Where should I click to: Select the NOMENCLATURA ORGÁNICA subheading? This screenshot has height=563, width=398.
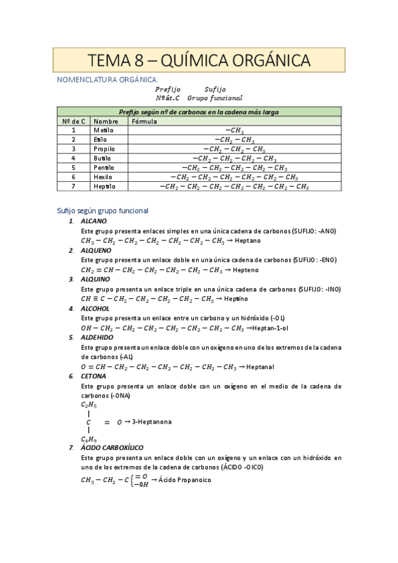coord(108,79)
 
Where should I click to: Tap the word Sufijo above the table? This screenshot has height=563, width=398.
coord(215,88)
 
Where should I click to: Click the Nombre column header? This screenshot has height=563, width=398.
coord(106,121)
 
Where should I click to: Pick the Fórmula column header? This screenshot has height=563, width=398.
coord(145,121)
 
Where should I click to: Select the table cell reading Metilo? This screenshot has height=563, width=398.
coord(104,131)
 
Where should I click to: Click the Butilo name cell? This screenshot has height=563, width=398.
coord(103,159)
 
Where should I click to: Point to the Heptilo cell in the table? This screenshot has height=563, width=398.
coord(104,187)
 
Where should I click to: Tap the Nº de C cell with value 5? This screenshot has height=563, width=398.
coord(74,168)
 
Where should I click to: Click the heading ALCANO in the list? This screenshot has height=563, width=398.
coord(94,220)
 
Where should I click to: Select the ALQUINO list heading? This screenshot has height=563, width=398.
coord(96,279)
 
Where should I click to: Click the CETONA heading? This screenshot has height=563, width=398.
coord(94,376)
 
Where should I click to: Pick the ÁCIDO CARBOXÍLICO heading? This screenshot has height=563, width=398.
coord(117,447)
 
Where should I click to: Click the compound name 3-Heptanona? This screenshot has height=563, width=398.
coord(151,421)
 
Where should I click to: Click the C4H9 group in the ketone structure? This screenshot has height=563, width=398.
coord(89,439)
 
